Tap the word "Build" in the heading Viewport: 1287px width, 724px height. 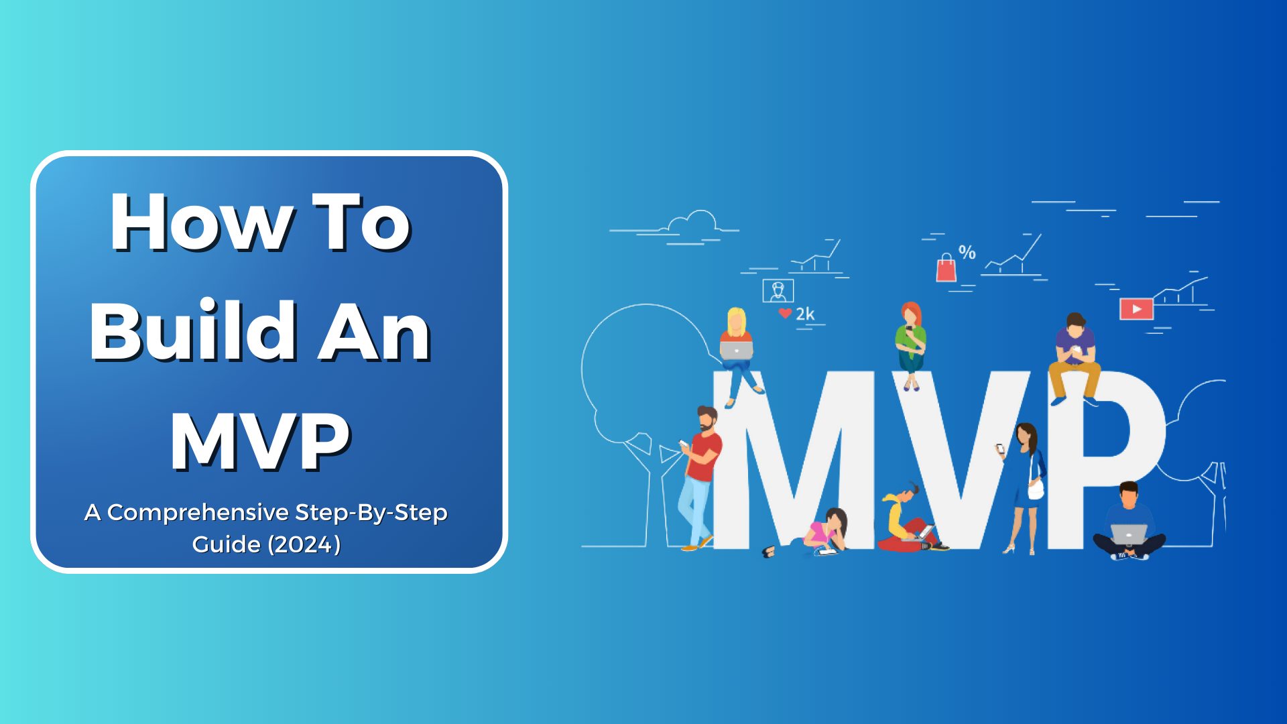[x=194, y=331]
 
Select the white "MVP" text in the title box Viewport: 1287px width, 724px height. [x=261, y=440]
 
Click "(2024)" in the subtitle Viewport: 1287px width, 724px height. [x=304, y=544]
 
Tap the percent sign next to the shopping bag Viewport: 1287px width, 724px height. [x=967, y=252]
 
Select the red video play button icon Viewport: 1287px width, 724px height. [x=1137, y=309]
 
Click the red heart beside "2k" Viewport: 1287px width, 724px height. [x=785, y=313]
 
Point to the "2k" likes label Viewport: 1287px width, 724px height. [x=805, y=314]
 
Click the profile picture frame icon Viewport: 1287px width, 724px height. [x=778, y=291]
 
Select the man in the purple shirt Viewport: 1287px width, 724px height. [x=1075, y=359]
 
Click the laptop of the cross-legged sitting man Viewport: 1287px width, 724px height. [x=1129, y=534]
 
